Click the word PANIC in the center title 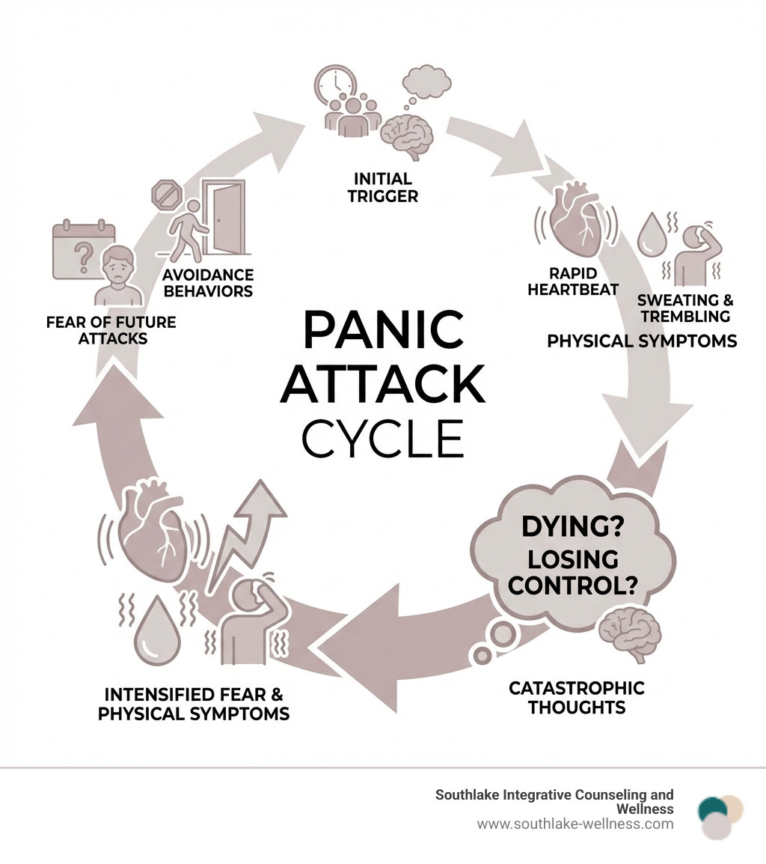coord(382,330)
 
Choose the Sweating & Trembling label coord(685,308)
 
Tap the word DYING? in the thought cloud coord(573,527)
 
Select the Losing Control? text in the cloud coord(572,572)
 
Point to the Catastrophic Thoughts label coord(576,697)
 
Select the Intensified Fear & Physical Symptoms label coord(194,704)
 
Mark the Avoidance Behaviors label coord(208,283)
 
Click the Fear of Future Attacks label coord(111,330)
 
